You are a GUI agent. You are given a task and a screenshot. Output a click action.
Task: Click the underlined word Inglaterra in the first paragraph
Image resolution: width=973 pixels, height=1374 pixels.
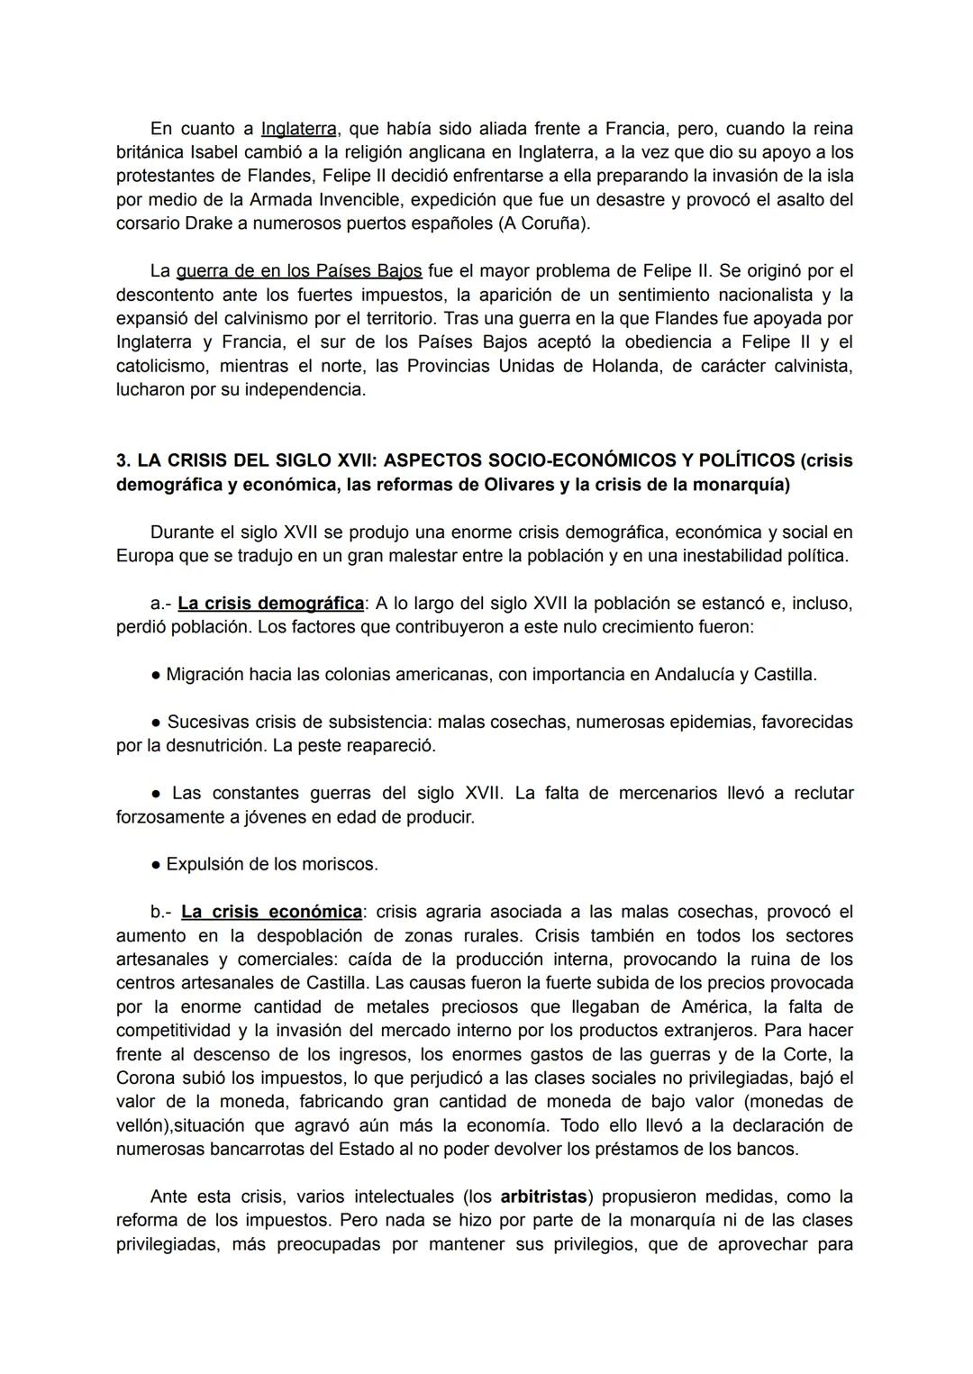tap(298, 129)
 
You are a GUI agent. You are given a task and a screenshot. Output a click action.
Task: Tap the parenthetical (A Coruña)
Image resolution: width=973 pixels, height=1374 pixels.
tap(544, 223)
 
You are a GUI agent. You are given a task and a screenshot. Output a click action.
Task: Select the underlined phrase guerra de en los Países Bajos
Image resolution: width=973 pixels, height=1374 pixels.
tap(299, 271)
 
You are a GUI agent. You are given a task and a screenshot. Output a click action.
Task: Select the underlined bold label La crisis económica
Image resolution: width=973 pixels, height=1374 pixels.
tap(271, 912)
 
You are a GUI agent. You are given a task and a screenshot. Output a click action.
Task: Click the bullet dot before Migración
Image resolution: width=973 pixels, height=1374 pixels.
tap(156, 675)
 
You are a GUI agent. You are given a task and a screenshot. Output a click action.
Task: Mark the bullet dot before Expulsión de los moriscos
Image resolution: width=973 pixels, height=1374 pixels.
tap(156, 865)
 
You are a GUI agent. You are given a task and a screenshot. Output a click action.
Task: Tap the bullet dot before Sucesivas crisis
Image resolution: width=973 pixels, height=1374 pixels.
tap(156, 723)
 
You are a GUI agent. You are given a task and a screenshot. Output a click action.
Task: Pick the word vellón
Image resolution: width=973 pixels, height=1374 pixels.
tap(142, 1126)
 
